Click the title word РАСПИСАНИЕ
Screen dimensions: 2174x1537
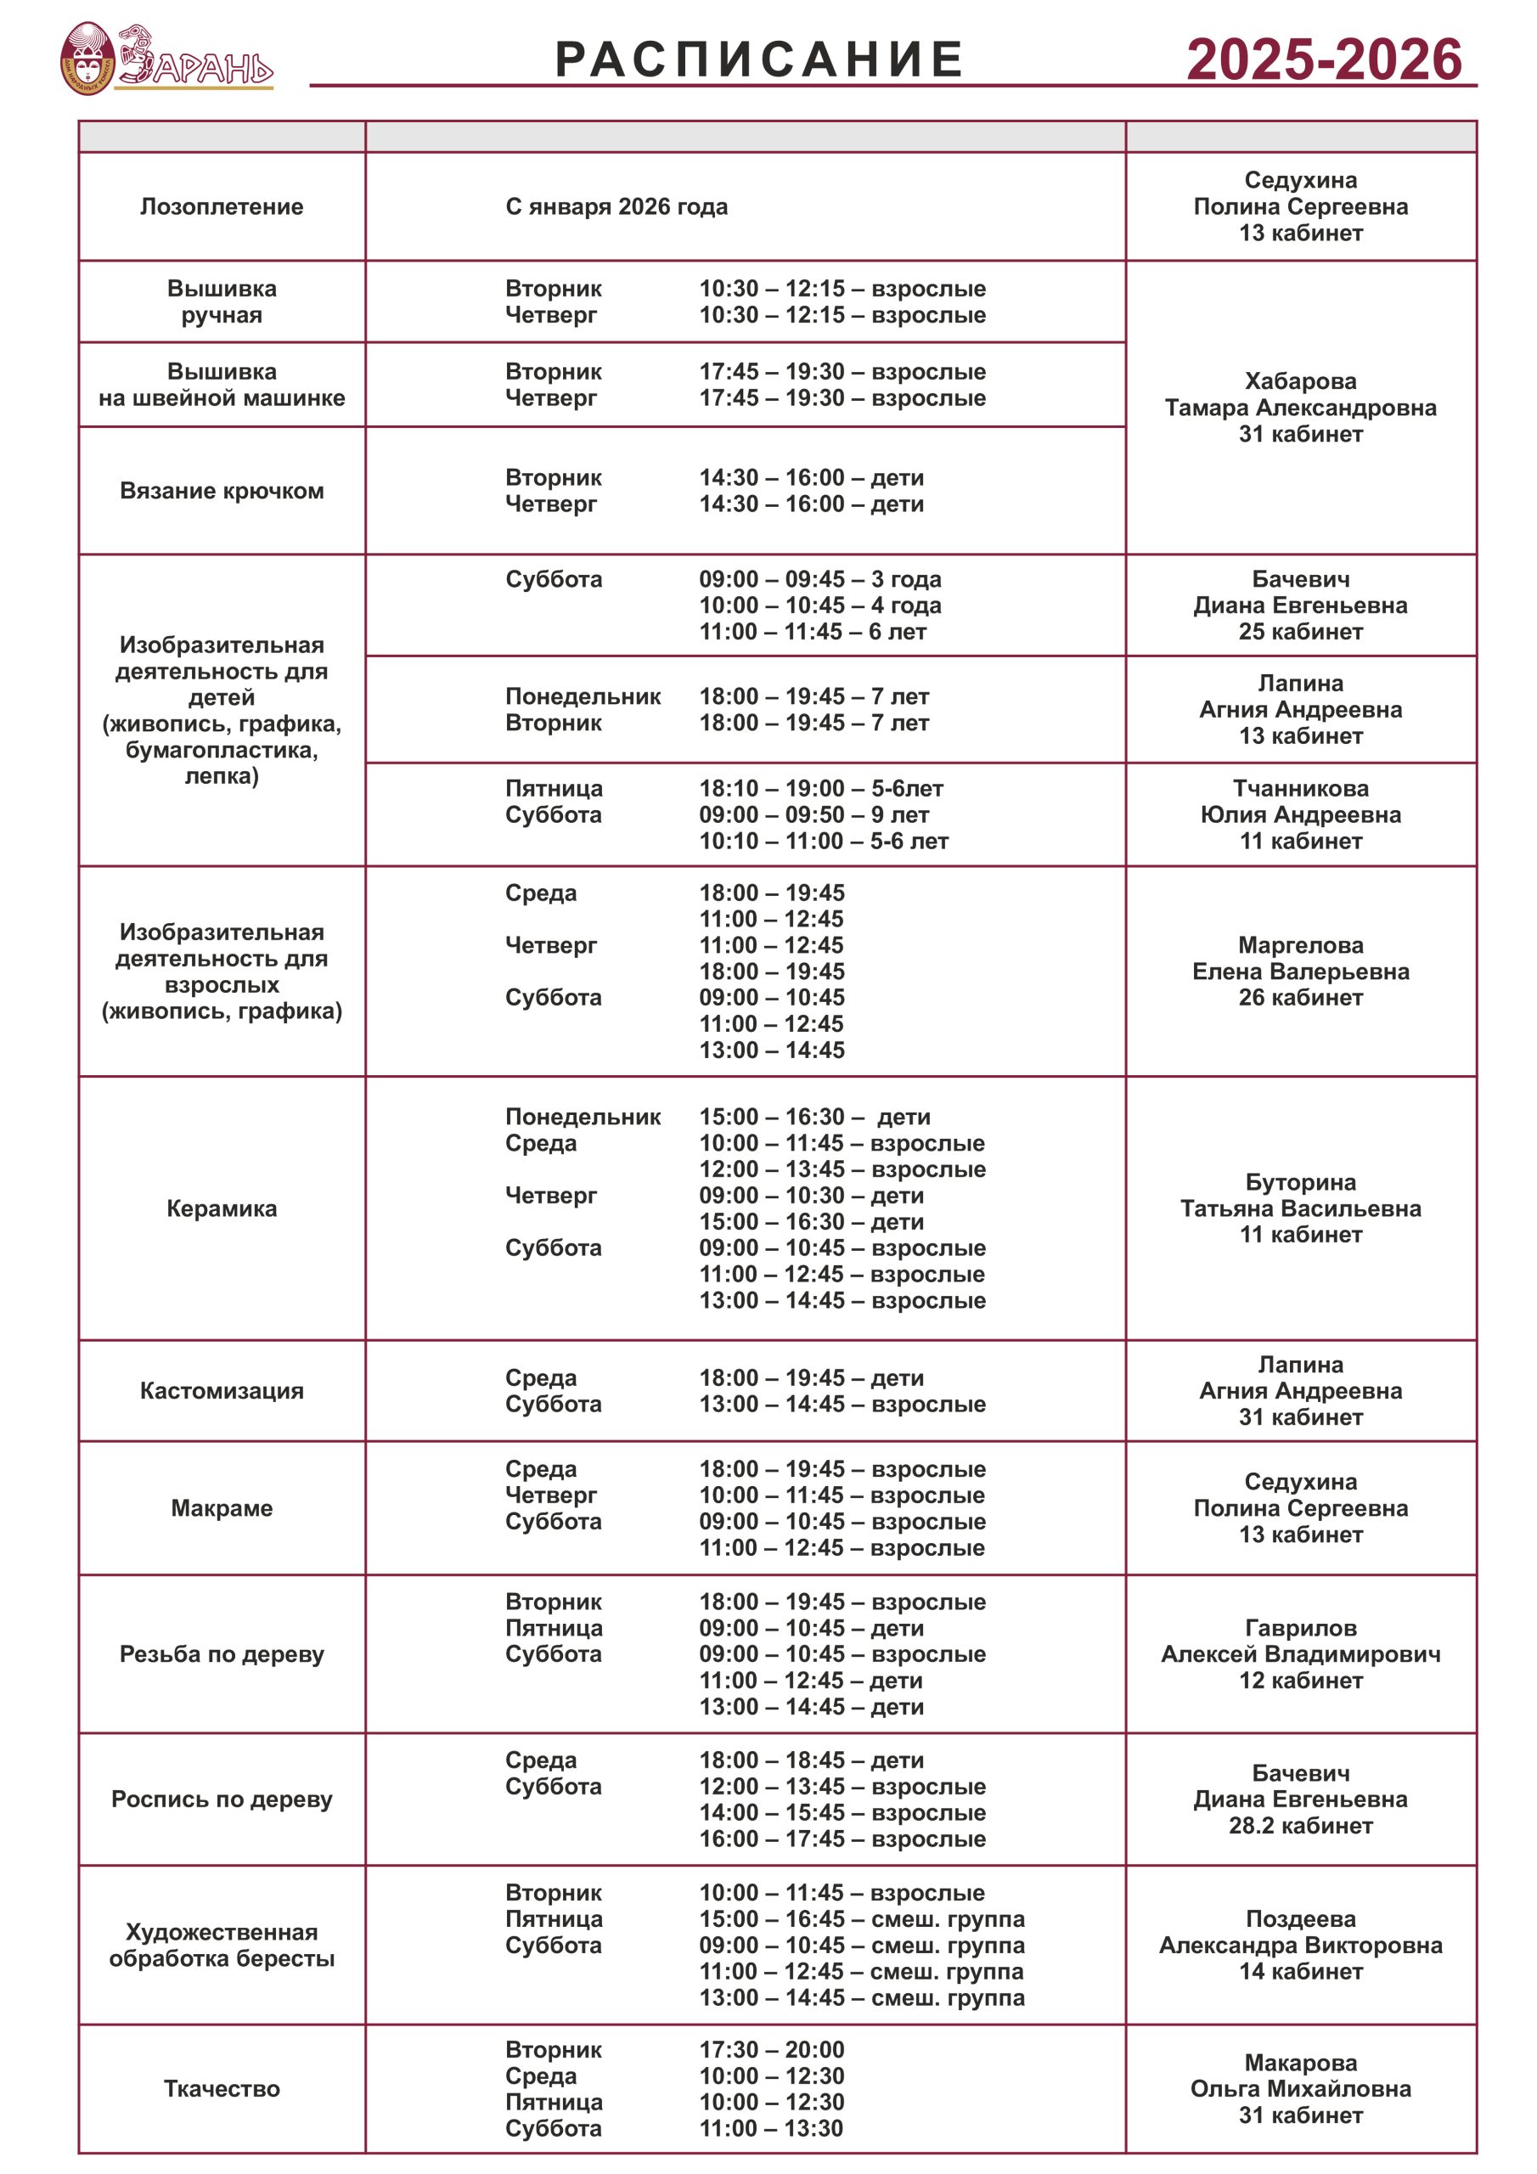tap(758, 59)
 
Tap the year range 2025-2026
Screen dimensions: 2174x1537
tap(1324, 59)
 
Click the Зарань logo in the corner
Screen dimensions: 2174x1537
tap(166, 59)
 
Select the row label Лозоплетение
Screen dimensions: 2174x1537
tap(222, 206)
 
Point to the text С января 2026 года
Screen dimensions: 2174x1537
tap(616, 206)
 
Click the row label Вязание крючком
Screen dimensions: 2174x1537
tap(222, 491)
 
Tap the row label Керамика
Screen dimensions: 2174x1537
tap(222, 1208)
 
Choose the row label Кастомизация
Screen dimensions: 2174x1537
tap(222, 1390)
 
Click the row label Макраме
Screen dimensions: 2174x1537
tap(222, 1507)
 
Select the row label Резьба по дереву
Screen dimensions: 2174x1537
tap(222, 1653)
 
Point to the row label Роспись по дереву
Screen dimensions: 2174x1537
tap(222, 1798)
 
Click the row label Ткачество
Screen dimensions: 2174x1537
tap(222, 2088)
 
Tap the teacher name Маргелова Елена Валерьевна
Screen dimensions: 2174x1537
tap(1300, 958)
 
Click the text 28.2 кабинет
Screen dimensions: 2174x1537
tap(1300, 1825)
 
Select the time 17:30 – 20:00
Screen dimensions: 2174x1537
tap(772, 2049)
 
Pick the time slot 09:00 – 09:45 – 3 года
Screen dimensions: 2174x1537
tap(820, 578)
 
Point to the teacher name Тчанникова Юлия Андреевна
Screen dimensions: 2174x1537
tap(1300, 801)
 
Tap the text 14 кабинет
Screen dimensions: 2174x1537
tap(1300, 1970)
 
